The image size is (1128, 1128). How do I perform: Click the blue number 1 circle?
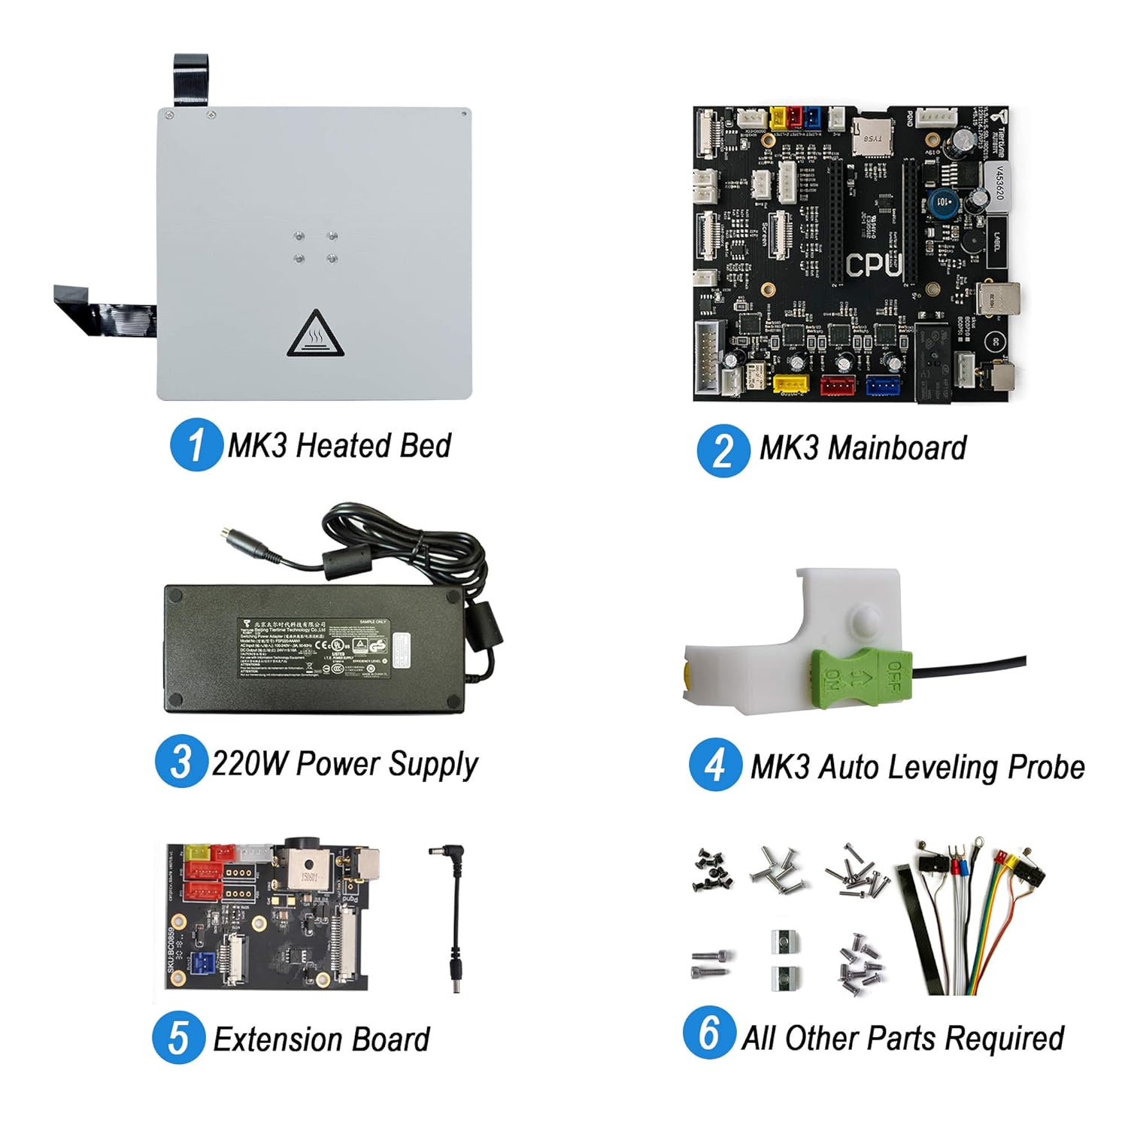pyautogui.click(x=196, y=444)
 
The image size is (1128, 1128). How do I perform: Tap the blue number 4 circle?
pyautogui.click(x=715, y=765)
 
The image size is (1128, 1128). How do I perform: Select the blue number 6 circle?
pyautogui.click(x=709, y=1032)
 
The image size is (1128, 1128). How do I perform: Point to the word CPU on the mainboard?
pyautogui.click(x=872, y=265)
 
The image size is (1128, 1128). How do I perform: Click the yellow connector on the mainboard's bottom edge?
pyautogui.click(x=790, y=385)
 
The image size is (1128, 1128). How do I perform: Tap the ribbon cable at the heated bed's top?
pyautogui.click(x=191, y=79)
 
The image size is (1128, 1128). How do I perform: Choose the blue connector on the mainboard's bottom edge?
pyautogui.click(x=883, y=385)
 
